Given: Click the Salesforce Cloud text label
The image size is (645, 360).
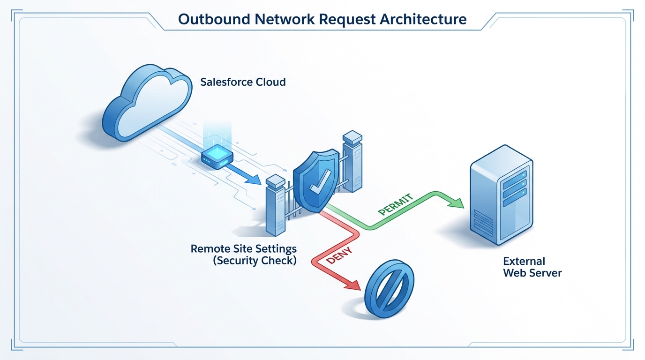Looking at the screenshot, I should [243, 82].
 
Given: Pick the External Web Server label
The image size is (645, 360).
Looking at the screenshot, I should [532, 267].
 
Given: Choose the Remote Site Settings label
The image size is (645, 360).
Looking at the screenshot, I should [243, 248].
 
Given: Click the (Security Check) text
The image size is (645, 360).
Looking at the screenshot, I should [255, 261].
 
